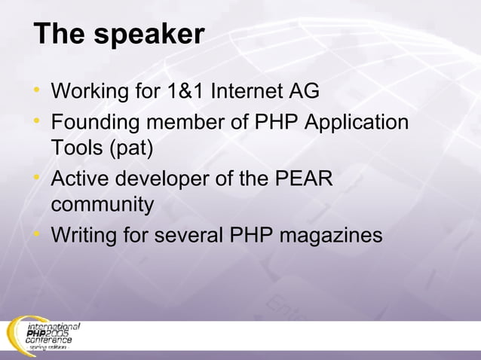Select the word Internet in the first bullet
pyautogui.click(x=246, y=92)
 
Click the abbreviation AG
pyautogui.click(x=304, y=92)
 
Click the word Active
pyautogui.click(x=79, y=181)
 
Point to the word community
pyautogui.click(x=103, y=206)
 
